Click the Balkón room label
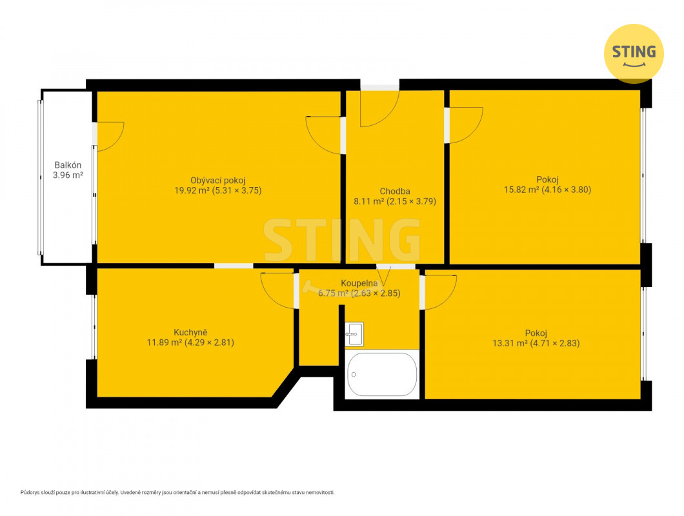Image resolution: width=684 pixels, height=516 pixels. pos(68,165)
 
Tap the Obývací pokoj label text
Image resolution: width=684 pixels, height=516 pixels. pos(217,181)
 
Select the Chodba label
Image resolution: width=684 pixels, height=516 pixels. pos(395,192)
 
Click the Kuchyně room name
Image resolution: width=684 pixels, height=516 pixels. pos(190,332)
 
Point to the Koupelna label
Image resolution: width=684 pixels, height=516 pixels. pos(359,284)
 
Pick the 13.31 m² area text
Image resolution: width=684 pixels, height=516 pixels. pos(510,343)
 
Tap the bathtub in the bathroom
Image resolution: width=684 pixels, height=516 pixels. pos(382,375)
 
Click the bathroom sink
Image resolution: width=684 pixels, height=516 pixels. pos(354,334)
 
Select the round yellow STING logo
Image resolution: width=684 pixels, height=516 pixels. pos(634,54)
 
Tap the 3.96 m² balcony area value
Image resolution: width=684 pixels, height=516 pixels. pos(68,175)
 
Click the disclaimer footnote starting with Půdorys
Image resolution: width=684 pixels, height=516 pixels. pos(177,492)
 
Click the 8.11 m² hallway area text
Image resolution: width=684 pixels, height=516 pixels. pos(368,201)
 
